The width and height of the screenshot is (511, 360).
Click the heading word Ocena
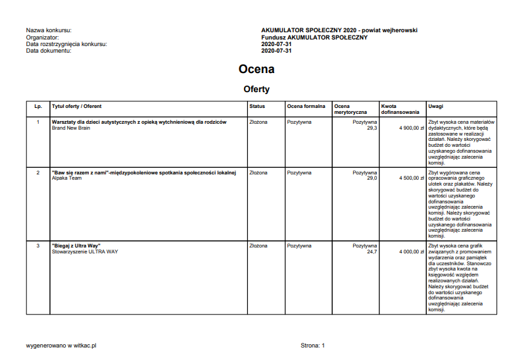point(256,69)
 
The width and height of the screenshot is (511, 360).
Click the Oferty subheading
point(256,89)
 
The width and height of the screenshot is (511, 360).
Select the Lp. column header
point(38,106)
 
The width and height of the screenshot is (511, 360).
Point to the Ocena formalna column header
point(306,106)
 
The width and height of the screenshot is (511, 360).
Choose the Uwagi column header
point(435,106)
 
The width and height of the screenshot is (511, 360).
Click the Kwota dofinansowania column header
point(400,109)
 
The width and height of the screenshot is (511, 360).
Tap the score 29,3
point(372,128)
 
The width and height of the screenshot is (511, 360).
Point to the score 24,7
point(372,251)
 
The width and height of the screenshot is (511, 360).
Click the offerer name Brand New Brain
point(70,128)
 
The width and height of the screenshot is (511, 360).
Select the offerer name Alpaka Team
point(66,178)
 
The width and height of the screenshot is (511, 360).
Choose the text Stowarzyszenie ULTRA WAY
point(85,251)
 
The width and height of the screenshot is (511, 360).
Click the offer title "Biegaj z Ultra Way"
point(76,245)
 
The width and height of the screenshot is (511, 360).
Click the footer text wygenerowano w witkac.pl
point(61,345)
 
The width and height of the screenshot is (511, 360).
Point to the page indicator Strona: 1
point(313,345)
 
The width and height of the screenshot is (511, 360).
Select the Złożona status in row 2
point(258,172)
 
